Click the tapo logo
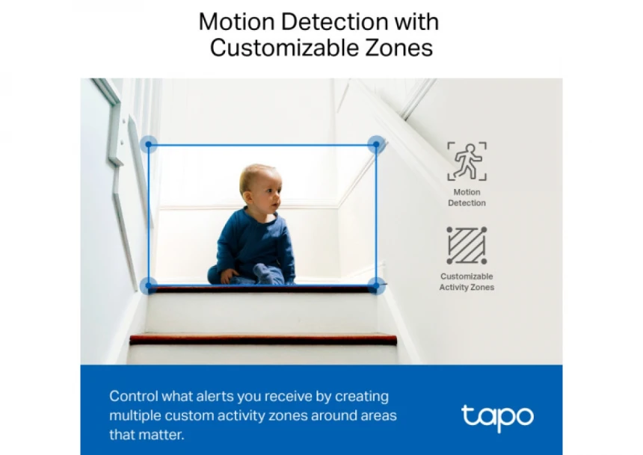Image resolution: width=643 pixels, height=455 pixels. tap(497, 418)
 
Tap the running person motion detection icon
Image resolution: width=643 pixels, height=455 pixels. tap(467, 161)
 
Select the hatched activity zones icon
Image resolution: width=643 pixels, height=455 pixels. tap(467, 245)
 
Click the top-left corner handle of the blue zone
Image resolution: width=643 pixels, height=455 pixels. tap(149, 144)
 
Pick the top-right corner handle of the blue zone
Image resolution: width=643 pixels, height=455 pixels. tap(376, 144)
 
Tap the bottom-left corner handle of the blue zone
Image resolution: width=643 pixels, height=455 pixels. tap(149, 285)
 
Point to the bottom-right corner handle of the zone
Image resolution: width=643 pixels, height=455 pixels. tap(376, 285)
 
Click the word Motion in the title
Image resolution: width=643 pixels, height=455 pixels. tap(236, 22)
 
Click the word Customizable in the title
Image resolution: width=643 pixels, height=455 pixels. tap(285, 48)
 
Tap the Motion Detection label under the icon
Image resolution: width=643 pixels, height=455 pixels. tap(467, 197)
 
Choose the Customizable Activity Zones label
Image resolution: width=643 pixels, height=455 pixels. tap(467, 282)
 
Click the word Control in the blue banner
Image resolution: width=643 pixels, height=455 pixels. tap(133, 396)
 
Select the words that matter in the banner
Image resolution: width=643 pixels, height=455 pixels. tap(147, 435)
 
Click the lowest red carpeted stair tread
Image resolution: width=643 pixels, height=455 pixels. tap(263, 339)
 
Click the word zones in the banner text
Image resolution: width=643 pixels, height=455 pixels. tap(287, 415)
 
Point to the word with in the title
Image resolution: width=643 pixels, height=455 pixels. tap(416, 22)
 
